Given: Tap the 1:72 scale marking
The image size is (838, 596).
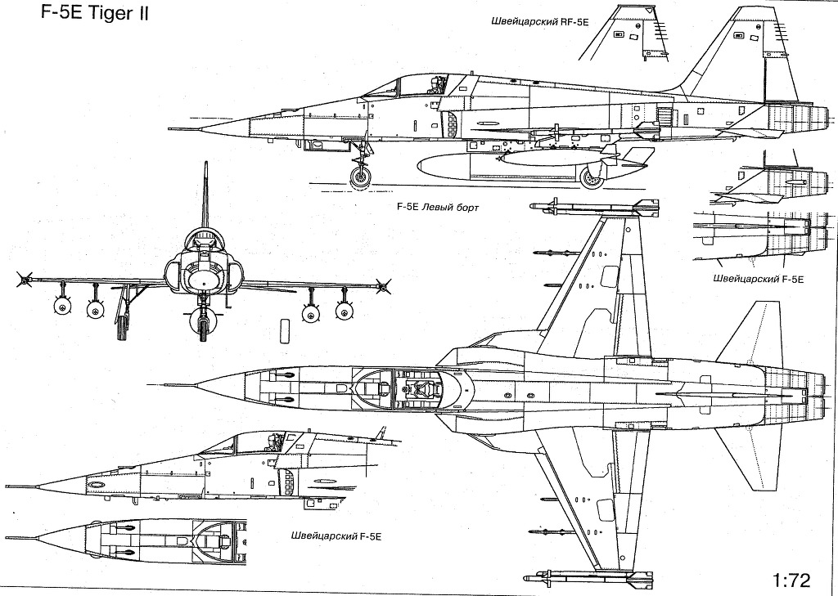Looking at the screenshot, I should click(x=790, y=581).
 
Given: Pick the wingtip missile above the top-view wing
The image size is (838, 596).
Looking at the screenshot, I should click(x=593, y=206).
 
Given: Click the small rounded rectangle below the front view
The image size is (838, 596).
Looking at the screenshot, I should click(x=284, y=329).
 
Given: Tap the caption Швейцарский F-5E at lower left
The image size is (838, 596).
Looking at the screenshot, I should click(x=336, y=536).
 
